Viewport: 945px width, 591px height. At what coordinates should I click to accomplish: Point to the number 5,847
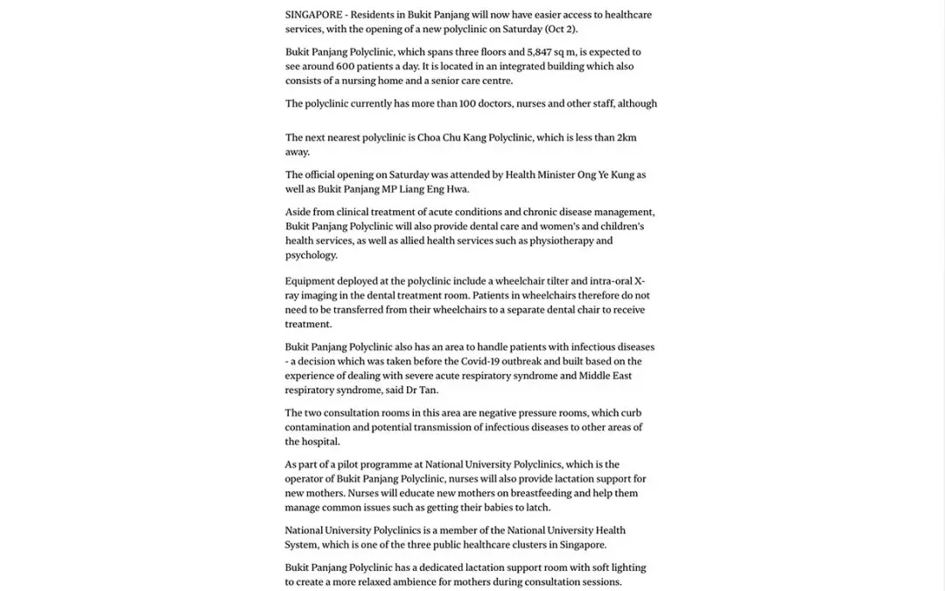coord(546,53)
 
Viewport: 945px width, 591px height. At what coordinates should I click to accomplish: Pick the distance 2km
coord(626,137)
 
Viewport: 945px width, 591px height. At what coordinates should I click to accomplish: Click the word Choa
coord(434,137)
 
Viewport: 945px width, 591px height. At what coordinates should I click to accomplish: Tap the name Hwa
coord(456,189)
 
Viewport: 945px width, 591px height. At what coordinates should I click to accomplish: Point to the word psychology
coord(311,255)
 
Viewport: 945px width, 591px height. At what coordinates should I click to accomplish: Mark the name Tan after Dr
coord(427,390)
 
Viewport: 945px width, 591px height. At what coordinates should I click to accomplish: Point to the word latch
coord(537,507)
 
